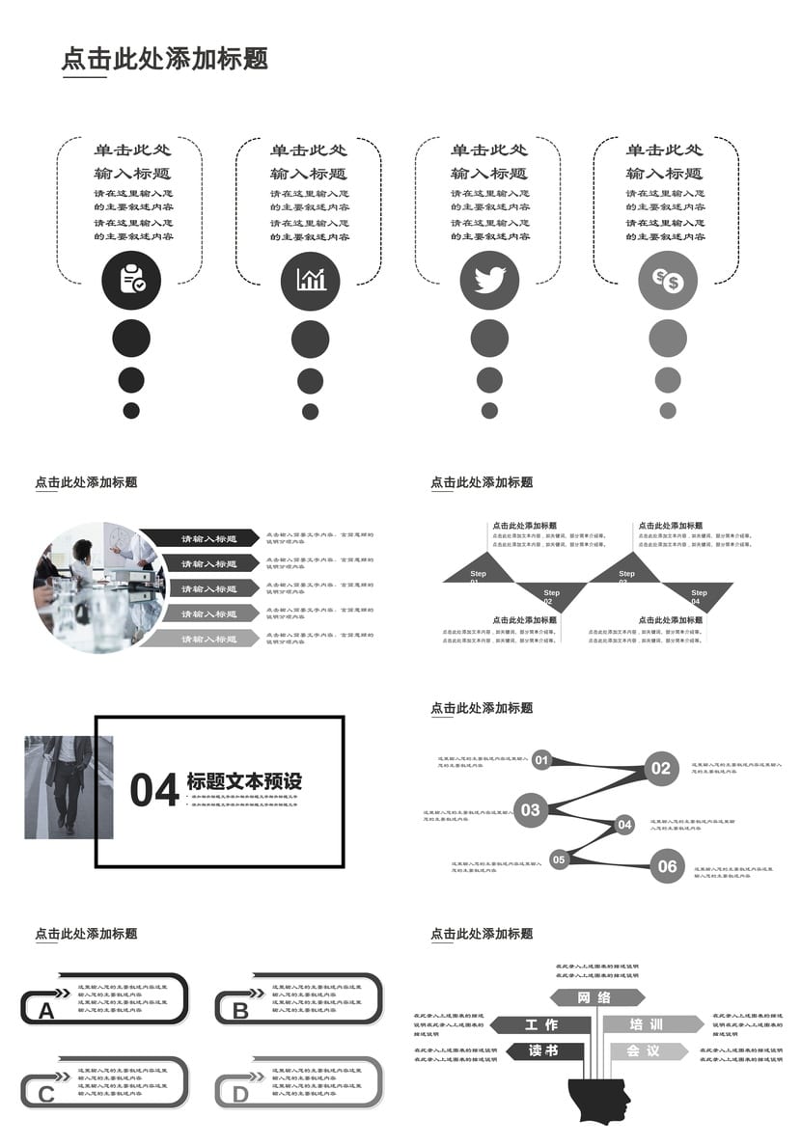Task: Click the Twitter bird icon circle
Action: coord(489,280)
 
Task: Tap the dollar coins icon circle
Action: coord(668,280)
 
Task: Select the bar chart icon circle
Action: coord(311,280)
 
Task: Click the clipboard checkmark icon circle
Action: coord(131,280)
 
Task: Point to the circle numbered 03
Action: coord(531,810)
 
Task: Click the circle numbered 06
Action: coord(668,866)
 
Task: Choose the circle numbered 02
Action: coord(660,768)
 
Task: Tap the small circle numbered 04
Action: coord(624,825)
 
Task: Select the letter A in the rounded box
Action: coord(46,1011)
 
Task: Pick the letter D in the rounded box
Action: coord(240,1094)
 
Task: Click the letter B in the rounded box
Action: coord(240,1011)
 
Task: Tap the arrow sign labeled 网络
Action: coord(596,997)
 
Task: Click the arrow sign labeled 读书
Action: coord(543,1050)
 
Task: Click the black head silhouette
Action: coord(599,1099)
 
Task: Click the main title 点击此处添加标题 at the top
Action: coord(165,59)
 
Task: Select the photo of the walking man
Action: coord(69,787)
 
